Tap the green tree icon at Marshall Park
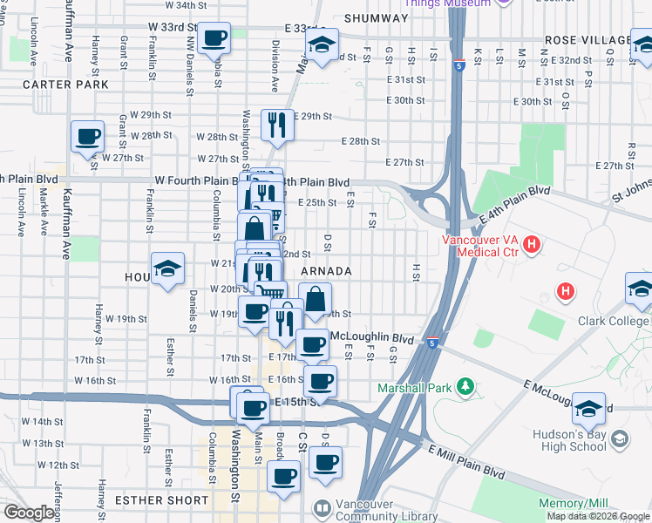(466, 386)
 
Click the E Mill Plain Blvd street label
(465, 461)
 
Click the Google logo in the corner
(30, 513)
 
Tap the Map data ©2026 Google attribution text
(597, 516)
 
